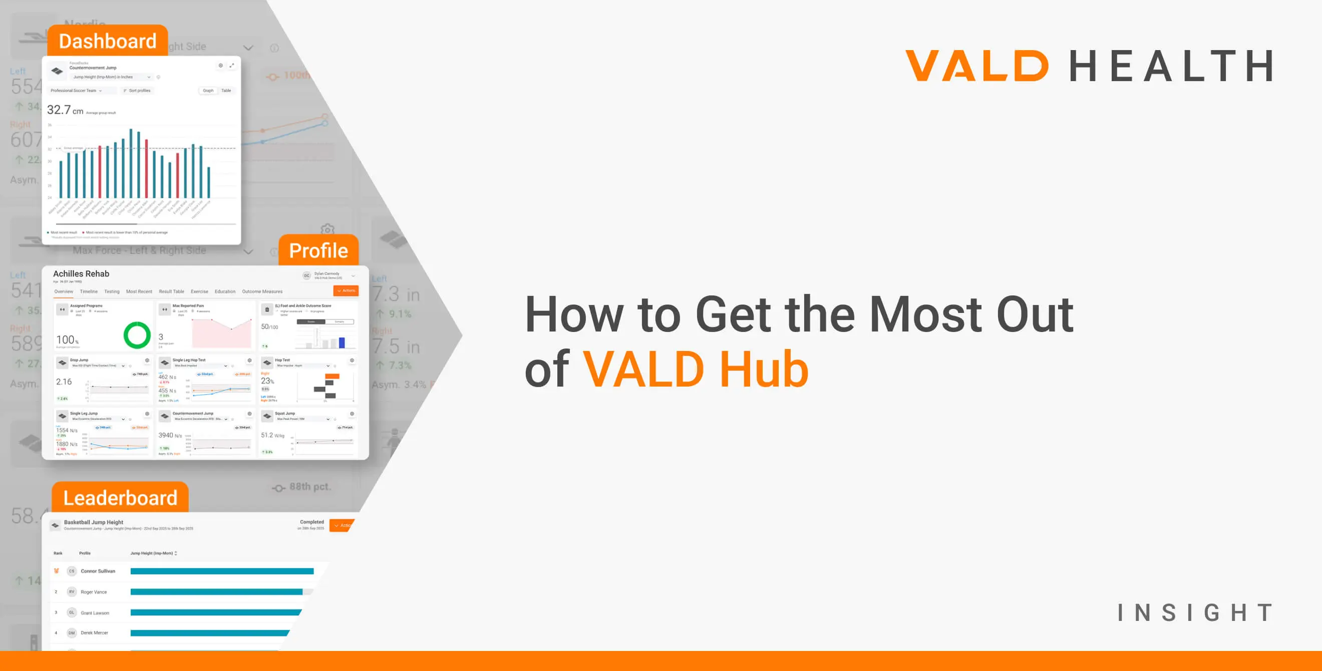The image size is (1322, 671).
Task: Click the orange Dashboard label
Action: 107,41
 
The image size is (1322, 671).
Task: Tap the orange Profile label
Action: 318,250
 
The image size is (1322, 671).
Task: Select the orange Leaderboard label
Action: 120,498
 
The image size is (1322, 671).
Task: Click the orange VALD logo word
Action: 976,66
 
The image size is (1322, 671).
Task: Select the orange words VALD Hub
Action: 696,369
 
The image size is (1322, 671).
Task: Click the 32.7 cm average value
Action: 65,110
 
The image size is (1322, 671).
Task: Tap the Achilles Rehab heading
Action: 81,273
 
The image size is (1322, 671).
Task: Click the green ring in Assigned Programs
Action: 137,335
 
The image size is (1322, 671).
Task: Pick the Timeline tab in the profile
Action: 88,291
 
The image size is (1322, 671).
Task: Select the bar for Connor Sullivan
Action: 222,571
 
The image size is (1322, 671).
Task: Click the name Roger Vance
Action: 94,592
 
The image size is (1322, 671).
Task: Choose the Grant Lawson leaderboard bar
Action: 215,612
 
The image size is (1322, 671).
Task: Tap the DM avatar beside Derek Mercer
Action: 71,632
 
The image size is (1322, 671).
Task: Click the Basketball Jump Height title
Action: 94,522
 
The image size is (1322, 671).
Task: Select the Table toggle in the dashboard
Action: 226,90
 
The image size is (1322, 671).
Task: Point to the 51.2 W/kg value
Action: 272,435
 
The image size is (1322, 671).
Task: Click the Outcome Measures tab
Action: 262,291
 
